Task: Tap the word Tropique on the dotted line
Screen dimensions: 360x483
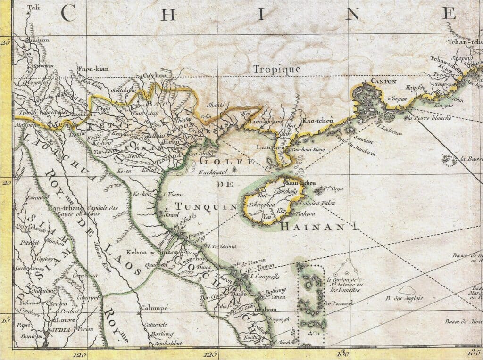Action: click(x=277, y=69)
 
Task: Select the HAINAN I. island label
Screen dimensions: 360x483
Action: click(x=320, y=227)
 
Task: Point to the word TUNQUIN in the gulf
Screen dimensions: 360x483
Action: click(x=206, y=206)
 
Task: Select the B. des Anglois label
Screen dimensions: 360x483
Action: click(x=404, y=298)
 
